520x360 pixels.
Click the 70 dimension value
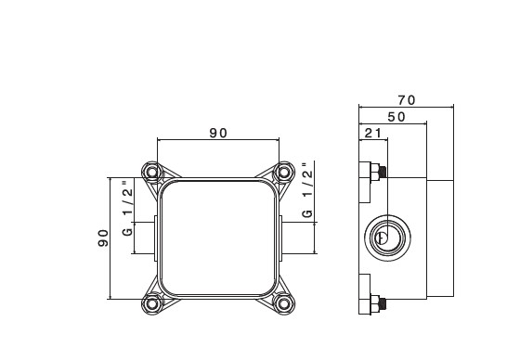407,100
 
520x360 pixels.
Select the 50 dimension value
396,117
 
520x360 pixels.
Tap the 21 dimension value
373,134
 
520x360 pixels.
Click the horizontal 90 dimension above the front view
218,134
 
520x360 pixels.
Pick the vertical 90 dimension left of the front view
103,238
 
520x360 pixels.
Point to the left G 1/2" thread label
127,208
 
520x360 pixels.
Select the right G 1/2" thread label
307,190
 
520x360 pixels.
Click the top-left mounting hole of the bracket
152,172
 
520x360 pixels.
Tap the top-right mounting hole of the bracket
284,172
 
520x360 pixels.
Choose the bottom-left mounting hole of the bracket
152,303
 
